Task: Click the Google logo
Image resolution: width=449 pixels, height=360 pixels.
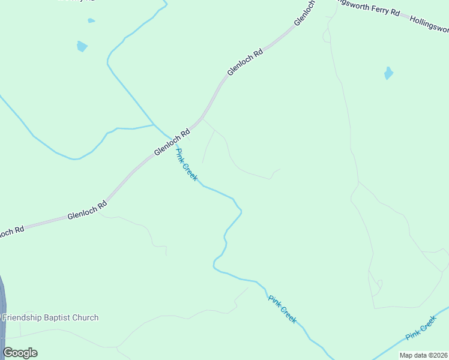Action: (20, 353)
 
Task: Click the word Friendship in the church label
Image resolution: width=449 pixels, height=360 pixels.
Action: (22, 317)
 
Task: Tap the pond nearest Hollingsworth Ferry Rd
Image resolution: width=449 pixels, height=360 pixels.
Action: (388, 73)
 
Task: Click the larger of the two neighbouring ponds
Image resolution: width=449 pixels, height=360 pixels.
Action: (82, 46)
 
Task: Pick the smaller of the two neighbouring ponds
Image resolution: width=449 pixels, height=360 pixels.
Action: (91, 20)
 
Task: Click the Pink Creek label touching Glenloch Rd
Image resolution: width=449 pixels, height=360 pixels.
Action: (186, 165)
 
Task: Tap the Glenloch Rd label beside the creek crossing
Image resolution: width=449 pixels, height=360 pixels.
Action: (172, 143)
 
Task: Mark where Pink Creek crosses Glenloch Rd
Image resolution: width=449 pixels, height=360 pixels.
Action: (164, 136)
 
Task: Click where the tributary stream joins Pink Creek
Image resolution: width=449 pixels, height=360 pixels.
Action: (154, 125)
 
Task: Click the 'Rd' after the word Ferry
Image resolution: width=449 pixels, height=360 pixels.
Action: (395, 13)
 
